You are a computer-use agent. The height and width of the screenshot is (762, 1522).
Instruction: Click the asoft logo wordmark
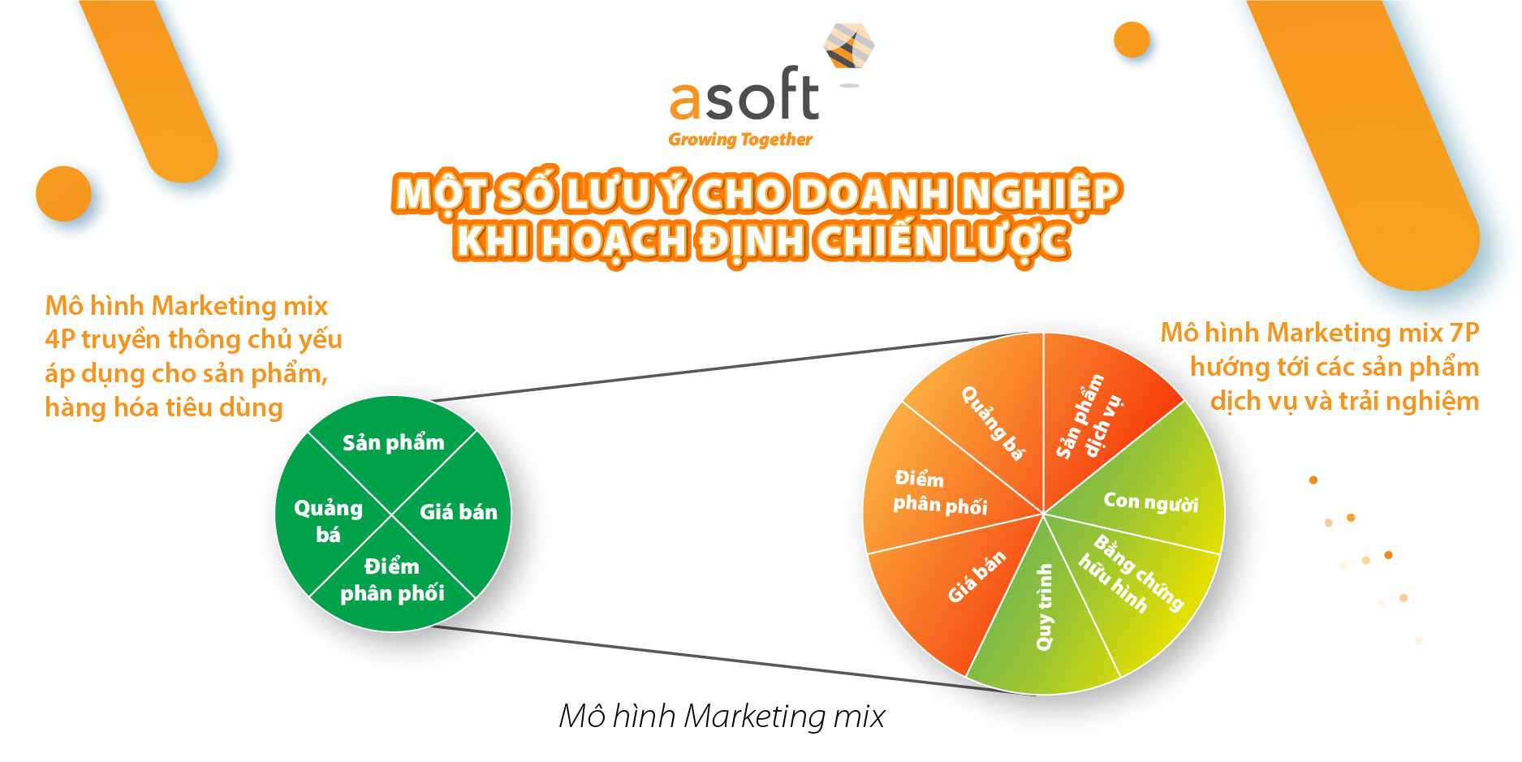point(744,95)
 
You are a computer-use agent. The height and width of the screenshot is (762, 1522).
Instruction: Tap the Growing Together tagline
point(740,140)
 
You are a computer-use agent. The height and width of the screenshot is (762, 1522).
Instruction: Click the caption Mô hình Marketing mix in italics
point(722,717)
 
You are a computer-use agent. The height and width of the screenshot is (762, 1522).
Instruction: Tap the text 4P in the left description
point(59,339)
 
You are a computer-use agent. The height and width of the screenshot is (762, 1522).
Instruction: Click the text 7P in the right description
point(1464,333)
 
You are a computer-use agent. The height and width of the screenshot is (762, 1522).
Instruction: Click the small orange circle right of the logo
point(1132,39)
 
